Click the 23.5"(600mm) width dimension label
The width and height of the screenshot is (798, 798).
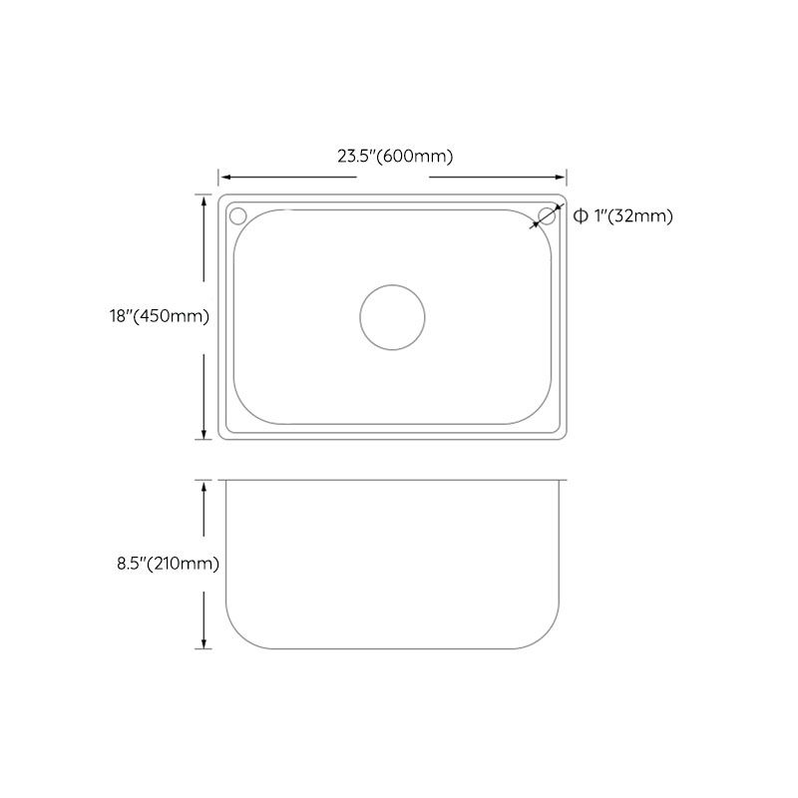point(395,156)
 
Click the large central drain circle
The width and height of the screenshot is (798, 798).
point(392,317)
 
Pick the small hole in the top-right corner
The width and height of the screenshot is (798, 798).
point(547,215)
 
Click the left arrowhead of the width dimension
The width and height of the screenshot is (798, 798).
point(223,176)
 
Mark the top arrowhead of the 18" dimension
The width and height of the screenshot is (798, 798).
point(205,199)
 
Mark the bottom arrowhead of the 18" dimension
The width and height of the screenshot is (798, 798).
point(205,435)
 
